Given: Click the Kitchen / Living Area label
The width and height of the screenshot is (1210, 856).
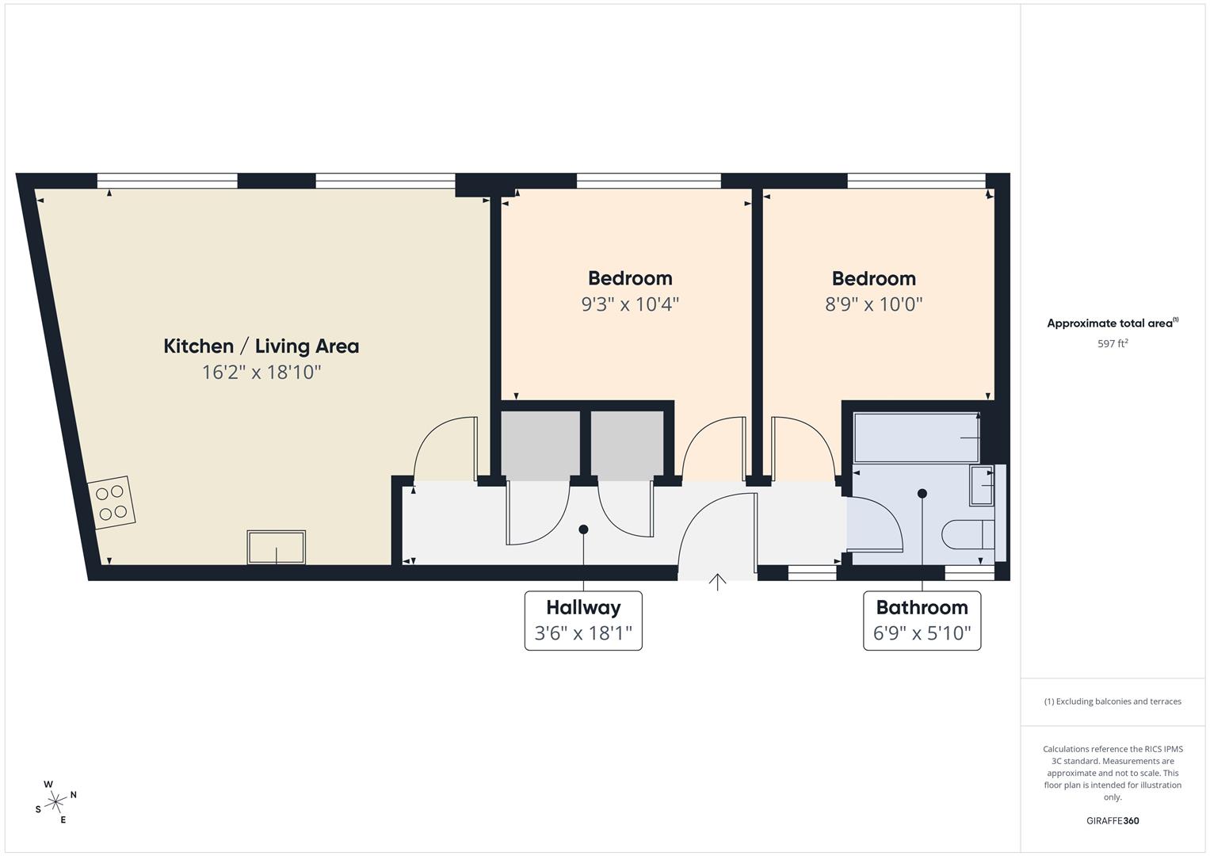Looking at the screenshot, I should point(261,346).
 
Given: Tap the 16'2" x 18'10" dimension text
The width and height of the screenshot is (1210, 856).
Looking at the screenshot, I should point(261,372).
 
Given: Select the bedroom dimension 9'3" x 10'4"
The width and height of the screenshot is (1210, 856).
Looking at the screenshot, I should point(630,304).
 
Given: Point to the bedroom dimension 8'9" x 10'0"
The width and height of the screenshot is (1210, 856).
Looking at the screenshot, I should point(873,304).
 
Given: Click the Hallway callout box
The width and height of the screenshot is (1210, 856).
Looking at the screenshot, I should point(583,621).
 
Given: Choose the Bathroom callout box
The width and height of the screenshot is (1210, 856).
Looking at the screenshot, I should point(922,621).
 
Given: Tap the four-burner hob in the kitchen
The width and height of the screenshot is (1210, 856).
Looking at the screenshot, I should point(111,503).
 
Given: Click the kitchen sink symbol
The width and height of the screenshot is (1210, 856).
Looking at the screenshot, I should point(276,547).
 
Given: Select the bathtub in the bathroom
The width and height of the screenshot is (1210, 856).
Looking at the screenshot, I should point(916,438).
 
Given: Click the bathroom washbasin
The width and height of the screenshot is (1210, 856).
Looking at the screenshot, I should point(983,484).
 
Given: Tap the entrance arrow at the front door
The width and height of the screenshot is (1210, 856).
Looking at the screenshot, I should point(717,583).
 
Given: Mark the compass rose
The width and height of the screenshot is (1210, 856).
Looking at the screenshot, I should point(55,802).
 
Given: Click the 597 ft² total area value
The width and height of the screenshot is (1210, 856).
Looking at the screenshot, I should point(1113,344).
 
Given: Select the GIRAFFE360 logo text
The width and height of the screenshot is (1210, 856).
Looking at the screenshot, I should point(1113,820).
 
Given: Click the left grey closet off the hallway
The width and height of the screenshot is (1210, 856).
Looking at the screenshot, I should point(540,445).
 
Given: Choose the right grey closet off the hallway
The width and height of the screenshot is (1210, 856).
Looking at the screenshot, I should point(627,445).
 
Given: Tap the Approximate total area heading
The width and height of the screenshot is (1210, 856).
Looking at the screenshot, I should point(1113,323).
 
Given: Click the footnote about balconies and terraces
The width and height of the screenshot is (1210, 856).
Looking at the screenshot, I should point(1113,701).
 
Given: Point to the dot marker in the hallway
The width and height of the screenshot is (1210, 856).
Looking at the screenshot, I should point(583,529).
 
